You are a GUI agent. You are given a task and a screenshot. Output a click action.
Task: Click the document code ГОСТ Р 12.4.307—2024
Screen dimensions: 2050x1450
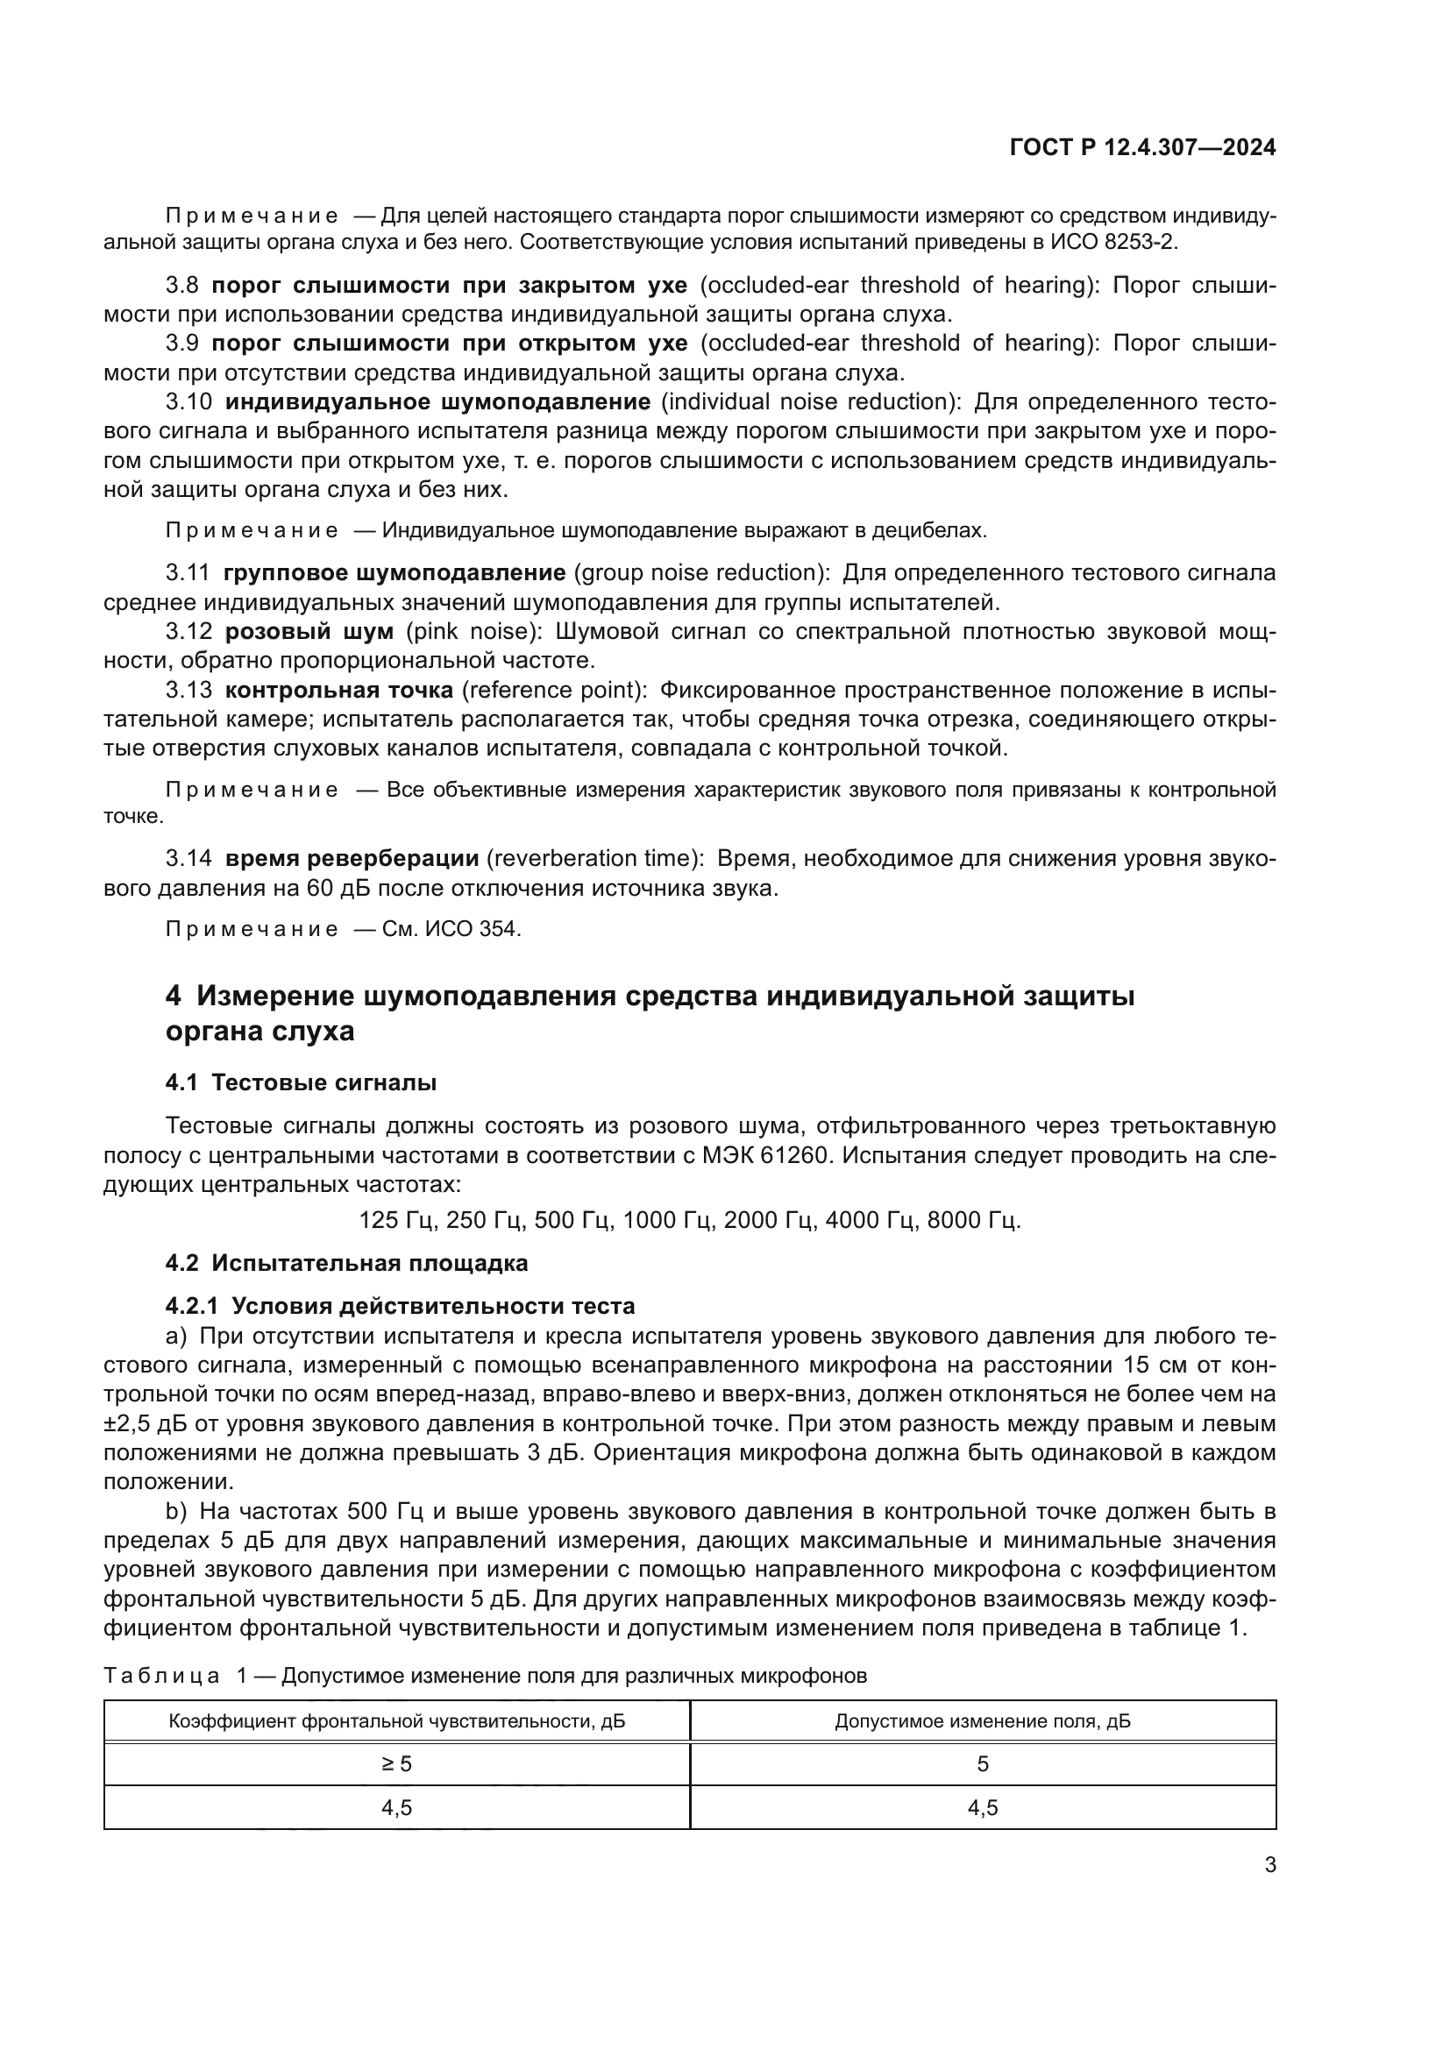coord(1142,148)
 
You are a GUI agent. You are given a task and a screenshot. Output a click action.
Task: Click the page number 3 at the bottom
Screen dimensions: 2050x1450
coord(1269,1864)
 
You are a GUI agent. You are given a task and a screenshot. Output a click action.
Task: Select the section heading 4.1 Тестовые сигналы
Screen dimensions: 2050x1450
coord(301,1083)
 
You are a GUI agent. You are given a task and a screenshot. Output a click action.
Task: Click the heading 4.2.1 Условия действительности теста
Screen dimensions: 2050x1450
coord(400,1306)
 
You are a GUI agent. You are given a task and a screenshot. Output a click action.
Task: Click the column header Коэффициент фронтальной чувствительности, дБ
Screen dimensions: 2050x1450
coord(396,1720)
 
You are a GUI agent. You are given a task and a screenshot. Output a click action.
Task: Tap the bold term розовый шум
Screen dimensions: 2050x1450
coord(309,631)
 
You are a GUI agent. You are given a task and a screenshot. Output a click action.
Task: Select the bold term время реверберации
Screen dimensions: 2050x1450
coord(352,859)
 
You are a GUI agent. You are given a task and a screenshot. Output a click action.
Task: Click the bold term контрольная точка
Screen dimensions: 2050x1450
coord(338,690)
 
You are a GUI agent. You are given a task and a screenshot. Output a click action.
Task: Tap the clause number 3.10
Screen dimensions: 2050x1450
coord(188,401)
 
